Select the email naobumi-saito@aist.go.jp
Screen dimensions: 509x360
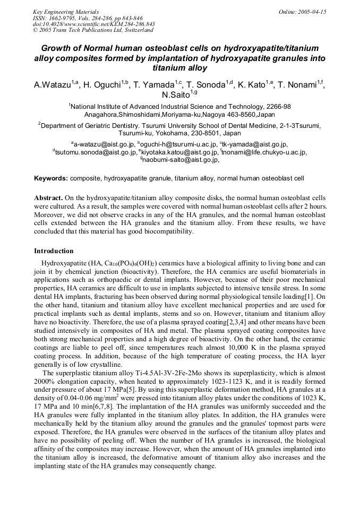click(181, 159)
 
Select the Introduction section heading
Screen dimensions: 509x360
click(54, 251)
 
